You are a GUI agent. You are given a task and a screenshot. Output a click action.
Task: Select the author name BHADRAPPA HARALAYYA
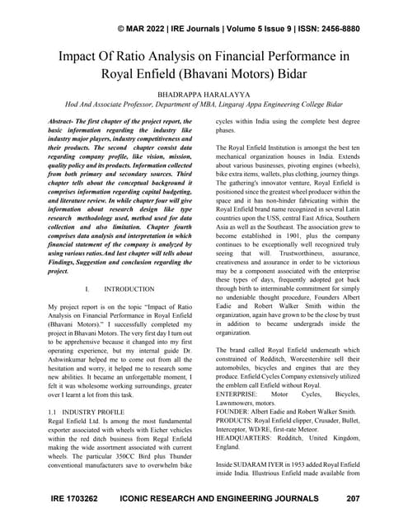coord(204,96)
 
